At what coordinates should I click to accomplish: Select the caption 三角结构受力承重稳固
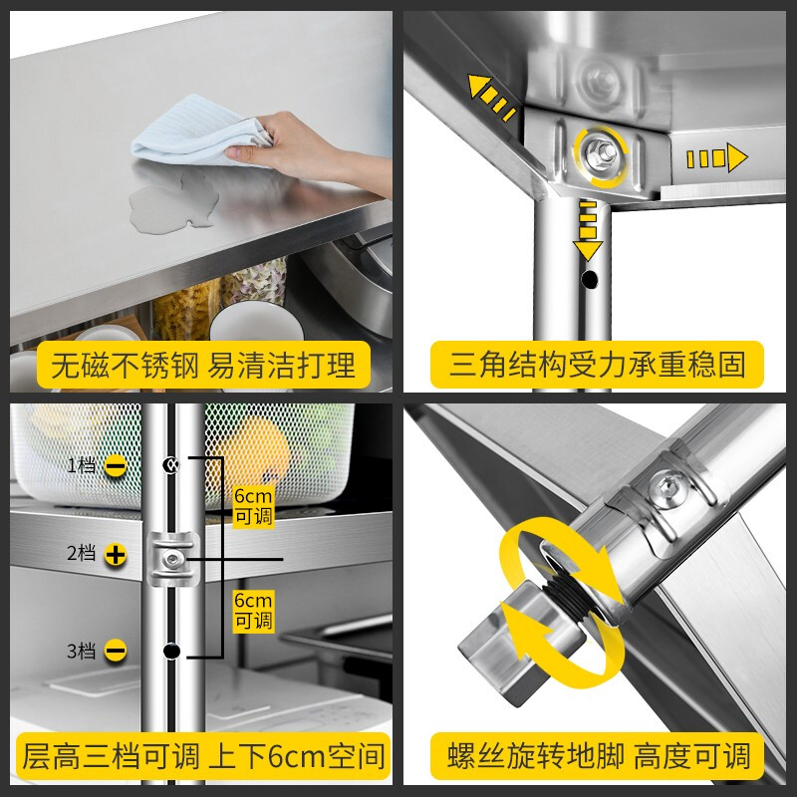(x=597, y=365)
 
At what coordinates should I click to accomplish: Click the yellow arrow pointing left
(x=493, y=98)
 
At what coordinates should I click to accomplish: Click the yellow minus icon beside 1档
(x=116, y=465)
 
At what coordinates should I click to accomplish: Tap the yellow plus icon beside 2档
(x=116, y=555)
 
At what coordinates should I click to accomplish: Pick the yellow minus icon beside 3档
(x=116, y=652)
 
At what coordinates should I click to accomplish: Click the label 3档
(x=82, y=652)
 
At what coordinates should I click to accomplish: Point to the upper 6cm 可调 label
(x=253, y=506)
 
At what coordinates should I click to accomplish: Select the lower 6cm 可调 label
(x=253, y=610)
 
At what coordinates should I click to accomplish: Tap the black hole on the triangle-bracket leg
(x=591, y=280)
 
